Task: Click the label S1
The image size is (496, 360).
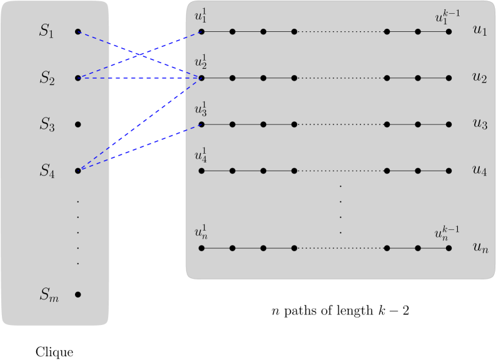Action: (x=47, y=32)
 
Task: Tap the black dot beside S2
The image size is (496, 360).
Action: (x=77, y=78)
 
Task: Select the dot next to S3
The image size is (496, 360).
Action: (x=77, y=124)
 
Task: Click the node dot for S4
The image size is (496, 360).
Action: (x=77, y=171)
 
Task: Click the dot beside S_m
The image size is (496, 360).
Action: (x=77, y=294)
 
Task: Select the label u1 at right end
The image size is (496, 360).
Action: (x=479, y=32)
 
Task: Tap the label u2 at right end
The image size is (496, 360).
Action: (x=479, y=78)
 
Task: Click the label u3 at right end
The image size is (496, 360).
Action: (x=479, y=124)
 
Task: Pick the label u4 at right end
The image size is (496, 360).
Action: (x=479, y=171)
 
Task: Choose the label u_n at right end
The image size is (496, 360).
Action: (x=480, y=249)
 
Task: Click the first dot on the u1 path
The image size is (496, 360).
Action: (x=201, y=31)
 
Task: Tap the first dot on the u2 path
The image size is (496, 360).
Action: (x=201, y=78)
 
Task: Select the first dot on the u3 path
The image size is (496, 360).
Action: (x=201, y=124)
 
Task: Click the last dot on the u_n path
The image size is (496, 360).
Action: (x=449, y=248)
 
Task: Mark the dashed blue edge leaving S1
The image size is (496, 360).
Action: (x=137, y=54)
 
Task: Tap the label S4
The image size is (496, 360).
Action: (x=47, y=171)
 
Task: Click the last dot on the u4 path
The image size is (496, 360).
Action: (x=449, y=171)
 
